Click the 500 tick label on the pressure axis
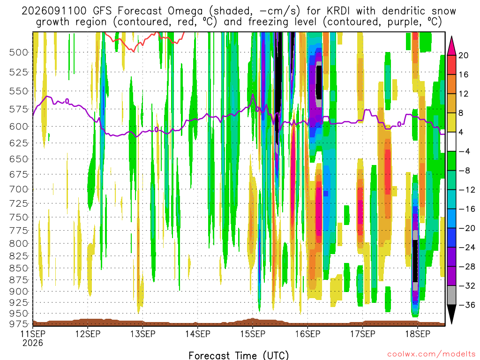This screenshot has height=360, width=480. click(19, 52)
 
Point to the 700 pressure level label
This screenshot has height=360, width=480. click(19, 189)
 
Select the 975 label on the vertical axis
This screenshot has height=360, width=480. click(19, 323)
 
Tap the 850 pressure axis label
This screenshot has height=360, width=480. click(19, 268)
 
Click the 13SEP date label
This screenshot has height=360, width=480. click(142, 334)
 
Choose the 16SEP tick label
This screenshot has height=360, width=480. click(307, 334)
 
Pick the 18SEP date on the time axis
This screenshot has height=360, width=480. click(418, 334)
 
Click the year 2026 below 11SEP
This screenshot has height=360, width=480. click(32, 343)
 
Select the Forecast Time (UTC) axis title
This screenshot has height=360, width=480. click(239, 355)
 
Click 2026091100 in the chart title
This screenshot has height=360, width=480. click(54, 11)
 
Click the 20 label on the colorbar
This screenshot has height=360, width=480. click(463, 55)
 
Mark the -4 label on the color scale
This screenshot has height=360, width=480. click(464, 151)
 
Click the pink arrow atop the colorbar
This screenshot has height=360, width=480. click(451, 45)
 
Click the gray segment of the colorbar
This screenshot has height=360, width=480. click(451, 295)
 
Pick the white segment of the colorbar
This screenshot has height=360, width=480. click(451, 142)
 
